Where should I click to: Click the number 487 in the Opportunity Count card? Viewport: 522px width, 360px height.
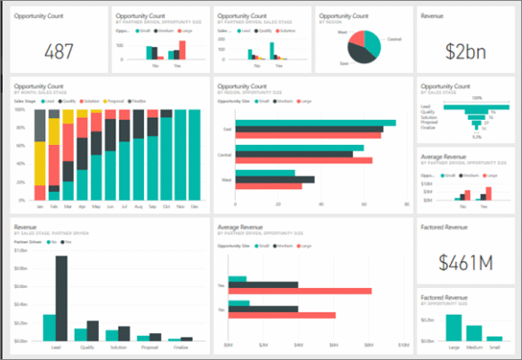tap(58, 51)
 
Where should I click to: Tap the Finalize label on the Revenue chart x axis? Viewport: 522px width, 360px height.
tap(181, 346)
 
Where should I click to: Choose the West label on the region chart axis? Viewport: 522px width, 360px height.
tap(229, 180)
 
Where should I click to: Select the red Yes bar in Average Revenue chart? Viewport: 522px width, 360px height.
tap(307, 291)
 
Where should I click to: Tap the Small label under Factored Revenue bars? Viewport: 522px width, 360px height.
tap(494, 346)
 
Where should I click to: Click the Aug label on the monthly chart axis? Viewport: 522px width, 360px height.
tap(138, 206)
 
